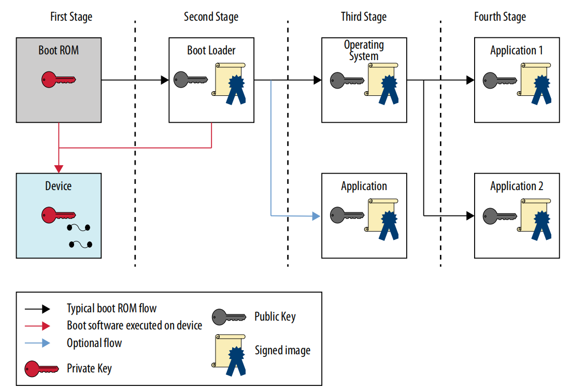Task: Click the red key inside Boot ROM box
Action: point(59,80)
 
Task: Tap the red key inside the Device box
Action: point(59,215)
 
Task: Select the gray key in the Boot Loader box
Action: point(191,80)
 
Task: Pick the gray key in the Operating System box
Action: point(347,80)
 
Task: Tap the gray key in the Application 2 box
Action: point(500,216)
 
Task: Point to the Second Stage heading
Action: point(211,17)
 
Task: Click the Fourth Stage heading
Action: point(500,17)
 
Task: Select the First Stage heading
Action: point(72,17)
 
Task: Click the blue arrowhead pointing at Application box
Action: point(317,216)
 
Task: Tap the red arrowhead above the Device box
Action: point(59,169)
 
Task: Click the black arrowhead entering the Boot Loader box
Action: point(165,80)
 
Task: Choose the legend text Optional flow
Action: point(94,343)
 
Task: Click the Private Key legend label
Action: point(89,368)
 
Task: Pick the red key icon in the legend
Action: point(41,369)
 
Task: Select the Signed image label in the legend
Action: point(282,350)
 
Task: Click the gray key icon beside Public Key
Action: point(229,317)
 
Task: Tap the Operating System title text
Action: point(364,50)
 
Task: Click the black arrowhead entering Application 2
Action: point(470,216)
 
